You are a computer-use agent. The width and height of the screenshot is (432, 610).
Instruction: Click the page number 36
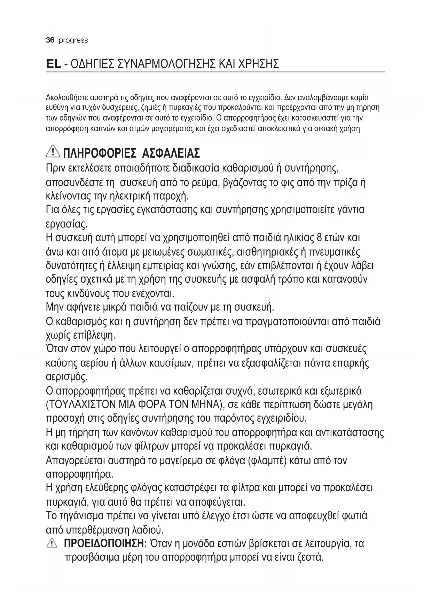(50, 40)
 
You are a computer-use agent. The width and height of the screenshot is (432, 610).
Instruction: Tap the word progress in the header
(73, 41)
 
